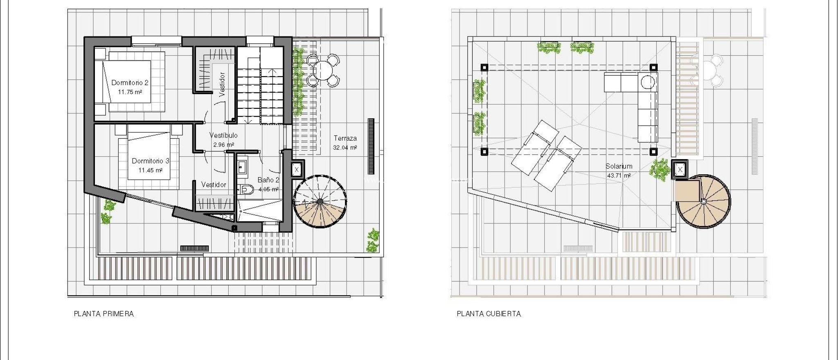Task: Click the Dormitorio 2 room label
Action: pos(130,83)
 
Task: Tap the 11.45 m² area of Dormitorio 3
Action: pos(150,170)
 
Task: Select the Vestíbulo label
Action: pos(223,135)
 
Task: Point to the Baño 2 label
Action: pos(268,180)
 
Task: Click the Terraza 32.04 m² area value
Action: pos(345,148)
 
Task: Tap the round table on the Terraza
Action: pos(323,70)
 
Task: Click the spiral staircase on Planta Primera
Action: pos(320,202)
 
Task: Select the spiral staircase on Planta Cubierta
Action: pos(703,202)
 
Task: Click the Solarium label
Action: pos(619,166)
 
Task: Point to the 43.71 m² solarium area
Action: pos(619,175)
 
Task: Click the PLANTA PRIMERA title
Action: pos(104,314)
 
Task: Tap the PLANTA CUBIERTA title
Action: pos(489,314)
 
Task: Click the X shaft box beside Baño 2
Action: pos(297,169)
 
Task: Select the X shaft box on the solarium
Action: pos(680,169)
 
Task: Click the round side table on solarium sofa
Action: pos(648,82)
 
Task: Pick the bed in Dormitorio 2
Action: pos(127,81)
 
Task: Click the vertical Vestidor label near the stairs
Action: pos(222,84)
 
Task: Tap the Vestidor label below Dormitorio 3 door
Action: pos(214,185)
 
